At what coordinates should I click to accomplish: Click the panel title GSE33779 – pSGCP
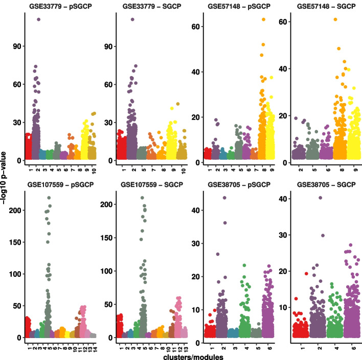coord(60,6)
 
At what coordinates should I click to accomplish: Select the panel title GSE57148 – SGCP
coord(326,6)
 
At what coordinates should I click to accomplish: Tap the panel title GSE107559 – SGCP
coord(152,185)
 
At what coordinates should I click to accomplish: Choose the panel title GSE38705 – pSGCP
coord(239,185)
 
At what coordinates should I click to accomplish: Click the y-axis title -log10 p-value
coord(4,178)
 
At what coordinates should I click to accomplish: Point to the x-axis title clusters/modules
coord(193,357)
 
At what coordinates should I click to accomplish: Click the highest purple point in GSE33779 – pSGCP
coord(38,19)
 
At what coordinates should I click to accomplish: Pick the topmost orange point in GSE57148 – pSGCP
coord(263,19)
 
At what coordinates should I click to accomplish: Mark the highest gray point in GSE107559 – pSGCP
coord(49,198)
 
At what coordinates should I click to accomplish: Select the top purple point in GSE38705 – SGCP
coord(320,198)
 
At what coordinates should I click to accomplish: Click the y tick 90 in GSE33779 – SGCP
coord(108,46)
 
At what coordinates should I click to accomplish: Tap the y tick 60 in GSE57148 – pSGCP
coord(195,27)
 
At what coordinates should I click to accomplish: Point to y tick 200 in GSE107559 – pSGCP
coord(15,210)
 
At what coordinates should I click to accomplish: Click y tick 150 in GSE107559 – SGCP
coord(106,238)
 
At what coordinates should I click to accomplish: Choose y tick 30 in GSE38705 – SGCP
coord(283,235)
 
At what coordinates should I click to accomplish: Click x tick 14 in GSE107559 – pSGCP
coord(95,348)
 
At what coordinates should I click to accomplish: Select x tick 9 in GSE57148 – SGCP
coord(355,170)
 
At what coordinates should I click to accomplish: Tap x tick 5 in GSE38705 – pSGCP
coord(258,348)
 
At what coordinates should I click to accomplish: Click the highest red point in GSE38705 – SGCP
coord(306,274)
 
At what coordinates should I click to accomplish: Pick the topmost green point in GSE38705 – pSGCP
coord(244,266)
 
